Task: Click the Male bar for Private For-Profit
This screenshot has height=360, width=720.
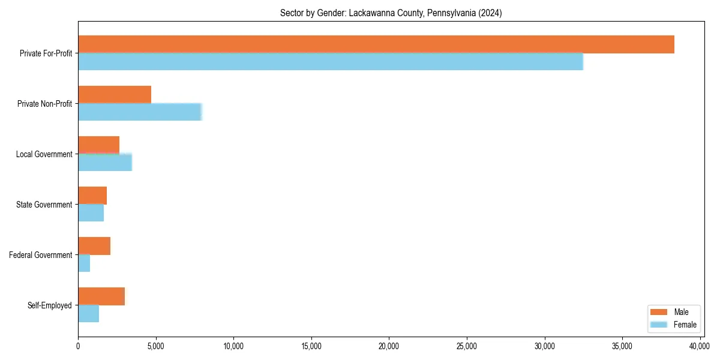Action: coord(376,44)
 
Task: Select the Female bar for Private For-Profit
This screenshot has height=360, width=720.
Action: coord(331,62)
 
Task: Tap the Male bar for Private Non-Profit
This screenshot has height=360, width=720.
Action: coord(115,95)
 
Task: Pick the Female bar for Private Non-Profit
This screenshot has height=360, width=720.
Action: coord(140,112)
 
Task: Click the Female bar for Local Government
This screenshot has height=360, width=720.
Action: coord(105,163)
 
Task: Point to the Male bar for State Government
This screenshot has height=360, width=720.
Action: coord(92,196)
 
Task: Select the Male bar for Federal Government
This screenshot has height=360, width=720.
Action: coord(94,246)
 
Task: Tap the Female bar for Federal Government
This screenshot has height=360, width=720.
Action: coord(84,263)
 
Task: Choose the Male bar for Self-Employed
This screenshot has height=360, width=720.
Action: coord(101,296)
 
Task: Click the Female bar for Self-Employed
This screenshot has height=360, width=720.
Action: coord(89,314)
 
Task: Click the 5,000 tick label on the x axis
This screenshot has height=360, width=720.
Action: coord(155,346)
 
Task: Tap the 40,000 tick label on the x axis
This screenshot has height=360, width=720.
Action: coord(700,346)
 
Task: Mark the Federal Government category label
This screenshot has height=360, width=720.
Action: coord(41,255)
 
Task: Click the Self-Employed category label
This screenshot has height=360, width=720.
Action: coord(50,305)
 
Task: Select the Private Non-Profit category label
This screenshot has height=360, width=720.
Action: coord(46,104)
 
